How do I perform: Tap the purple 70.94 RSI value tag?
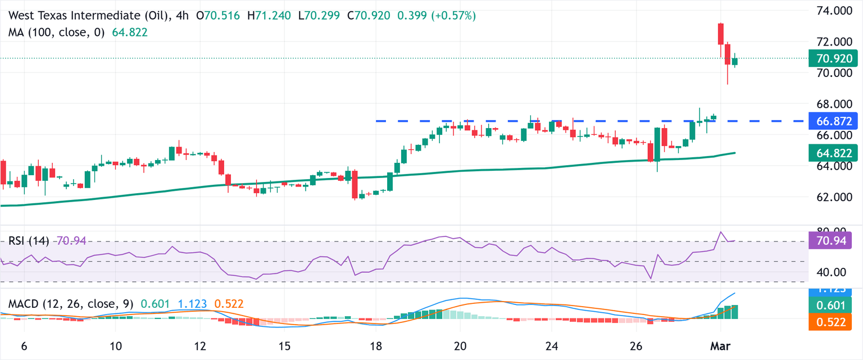[x=830, y=241]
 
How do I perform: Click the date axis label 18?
[x=376, y=345]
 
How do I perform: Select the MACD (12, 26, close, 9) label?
[x=71, y=304]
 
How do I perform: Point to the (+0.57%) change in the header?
[x=453, y=16]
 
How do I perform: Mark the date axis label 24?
[x=552, y=345]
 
